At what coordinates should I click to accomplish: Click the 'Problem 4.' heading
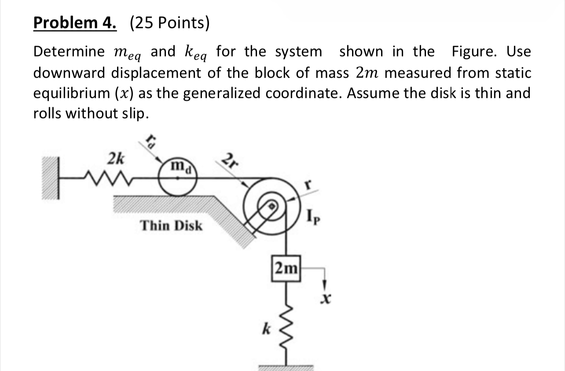pos(75,23)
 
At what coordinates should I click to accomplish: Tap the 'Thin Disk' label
pos(171,226)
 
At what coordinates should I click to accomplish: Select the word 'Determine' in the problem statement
pos(69,52)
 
